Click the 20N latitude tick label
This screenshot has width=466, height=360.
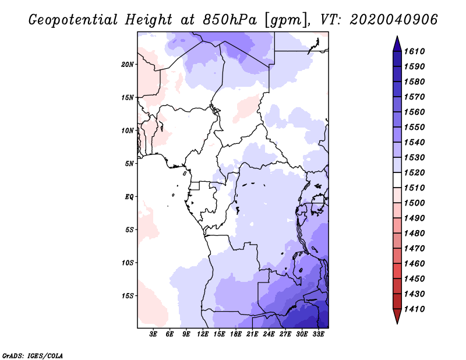(x=128, y=65)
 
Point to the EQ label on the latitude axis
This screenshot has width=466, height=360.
(x=129, y=197)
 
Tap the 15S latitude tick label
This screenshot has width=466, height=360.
(x=128, y=296)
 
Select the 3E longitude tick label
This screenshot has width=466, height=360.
(x=153, y=334)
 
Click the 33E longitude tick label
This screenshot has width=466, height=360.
(x=318, y=334)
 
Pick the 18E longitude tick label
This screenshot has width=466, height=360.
(x=236, y=334)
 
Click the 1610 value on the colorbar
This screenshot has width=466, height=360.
(x=414, y=51)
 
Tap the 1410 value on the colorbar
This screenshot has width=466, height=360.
(x=414, y=309)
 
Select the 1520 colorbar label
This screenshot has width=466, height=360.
(x=414, y=172)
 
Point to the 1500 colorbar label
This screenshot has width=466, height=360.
(x=414, y=203)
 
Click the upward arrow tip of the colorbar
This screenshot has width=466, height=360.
(x=397, y=36)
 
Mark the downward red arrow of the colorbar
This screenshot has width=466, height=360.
(x=397, y=316)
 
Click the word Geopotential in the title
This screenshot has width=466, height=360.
(x=73, y=20)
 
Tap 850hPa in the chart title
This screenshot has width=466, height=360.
(x=230, y=20)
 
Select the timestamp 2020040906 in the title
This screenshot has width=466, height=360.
(x=394, y=20)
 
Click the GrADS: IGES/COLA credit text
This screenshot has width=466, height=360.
(x=33, y=356)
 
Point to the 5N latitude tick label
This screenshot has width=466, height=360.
(x=129, y=164)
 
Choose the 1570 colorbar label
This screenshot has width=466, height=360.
(x=414, y=97)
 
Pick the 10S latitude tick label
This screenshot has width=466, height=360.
(x=128, y=263)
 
